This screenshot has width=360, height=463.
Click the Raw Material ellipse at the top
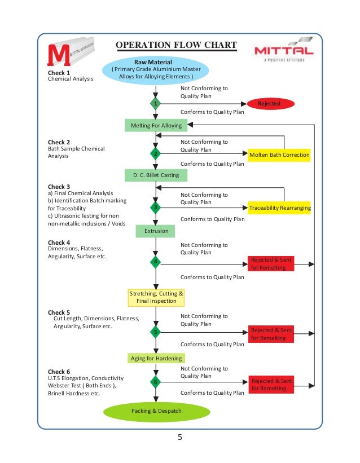click(156, 69)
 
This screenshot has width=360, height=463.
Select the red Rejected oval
click(269, 104)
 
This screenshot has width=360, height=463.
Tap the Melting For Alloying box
click(156, 125)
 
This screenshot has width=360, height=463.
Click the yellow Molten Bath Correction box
click(279, 155)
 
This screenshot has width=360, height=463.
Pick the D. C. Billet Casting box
click(156, 175)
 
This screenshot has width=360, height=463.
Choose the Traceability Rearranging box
click(279, 208)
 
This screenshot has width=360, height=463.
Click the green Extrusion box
click(156, 231)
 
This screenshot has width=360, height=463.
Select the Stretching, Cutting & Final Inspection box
click(156, 297)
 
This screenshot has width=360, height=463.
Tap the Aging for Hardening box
click(156, 358)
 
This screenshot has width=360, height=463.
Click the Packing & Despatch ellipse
click(156, 411)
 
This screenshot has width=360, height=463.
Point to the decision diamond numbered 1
click(156, 104)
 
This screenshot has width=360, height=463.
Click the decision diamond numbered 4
click(156, 262)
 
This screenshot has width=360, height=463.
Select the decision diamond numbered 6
click(156, 382)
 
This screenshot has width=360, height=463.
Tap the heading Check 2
click(59, 142)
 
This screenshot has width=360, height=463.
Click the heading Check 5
click(59, 312)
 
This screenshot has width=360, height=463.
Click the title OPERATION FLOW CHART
click(175, 46)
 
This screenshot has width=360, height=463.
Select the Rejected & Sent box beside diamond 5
click(271, 334)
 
